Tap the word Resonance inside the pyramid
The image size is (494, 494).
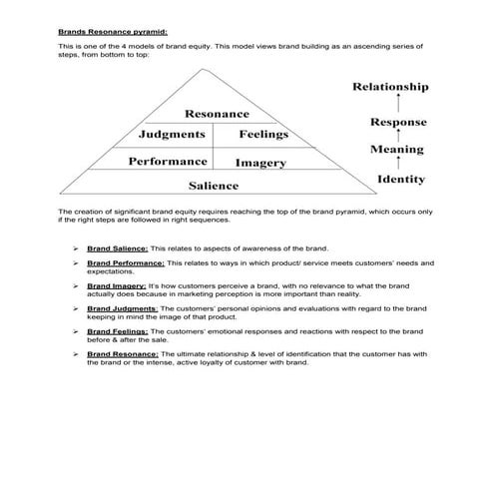[217, 115]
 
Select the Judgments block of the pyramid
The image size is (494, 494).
[172, 135]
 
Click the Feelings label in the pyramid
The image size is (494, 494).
[263, 135]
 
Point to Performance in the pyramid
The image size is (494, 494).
[168, 161]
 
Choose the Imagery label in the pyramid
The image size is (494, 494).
[260, 162]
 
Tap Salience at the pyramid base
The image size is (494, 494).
[214, 186]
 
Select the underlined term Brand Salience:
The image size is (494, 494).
[117, 247]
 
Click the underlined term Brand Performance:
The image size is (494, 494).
[125, 262]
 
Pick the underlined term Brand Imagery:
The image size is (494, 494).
[116, 285]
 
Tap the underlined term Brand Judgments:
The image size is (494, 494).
[121, 308]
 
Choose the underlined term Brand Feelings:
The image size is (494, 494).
[117, 330]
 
